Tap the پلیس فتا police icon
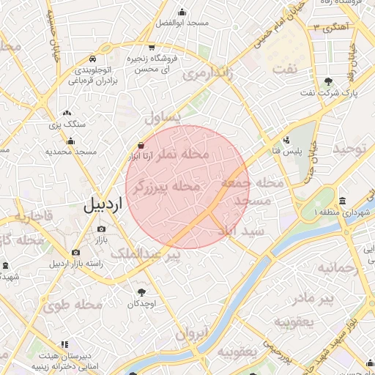[x=287, y=140]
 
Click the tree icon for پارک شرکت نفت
[x=327, y=81]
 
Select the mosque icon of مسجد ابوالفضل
[x=182, y=12]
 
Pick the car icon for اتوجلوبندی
[x=92, y=59]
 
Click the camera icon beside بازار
[x=101, y=229]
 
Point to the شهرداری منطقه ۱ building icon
[x=343, y=201]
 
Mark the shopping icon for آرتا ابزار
[x=140, y=145]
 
